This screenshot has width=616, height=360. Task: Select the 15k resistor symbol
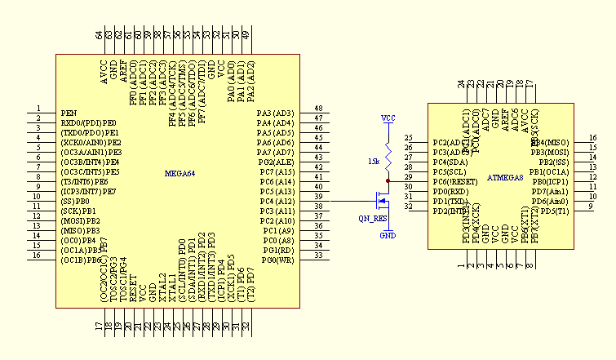(388, 160)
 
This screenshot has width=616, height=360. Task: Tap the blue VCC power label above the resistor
(388, 119)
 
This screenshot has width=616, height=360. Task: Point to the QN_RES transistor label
(372, 219)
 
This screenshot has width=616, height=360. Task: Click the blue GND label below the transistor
(388, 236)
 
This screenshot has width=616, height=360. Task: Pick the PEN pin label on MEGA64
(69, 113)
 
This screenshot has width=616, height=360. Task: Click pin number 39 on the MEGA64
(318, 197)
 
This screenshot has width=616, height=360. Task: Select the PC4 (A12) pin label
(276, 202)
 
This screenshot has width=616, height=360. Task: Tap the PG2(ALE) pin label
(276, 162)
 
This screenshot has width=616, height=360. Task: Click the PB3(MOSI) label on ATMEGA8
(549, 152)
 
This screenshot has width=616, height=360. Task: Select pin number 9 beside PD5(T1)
(591, 207)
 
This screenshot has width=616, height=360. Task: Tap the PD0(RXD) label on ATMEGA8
(451, 192)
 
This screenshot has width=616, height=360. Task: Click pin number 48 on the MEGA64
(318, 109)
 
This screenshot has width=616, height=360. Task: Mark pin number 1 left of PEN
(38, 109)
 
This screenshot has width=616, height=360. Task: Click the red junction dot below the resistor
(388, 181)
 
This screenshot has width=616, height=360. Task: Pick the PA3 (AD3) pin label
(275, 113)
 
